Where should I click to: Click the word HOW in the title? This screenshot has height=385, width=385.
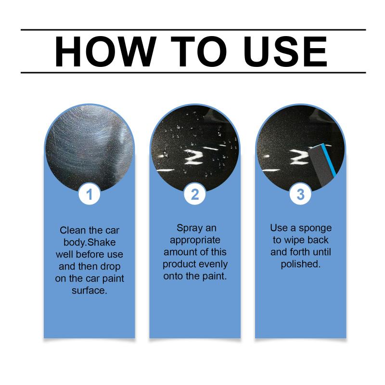tap(105, 51)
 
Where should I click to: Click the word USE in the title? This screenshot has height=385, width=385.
tap(285, 51)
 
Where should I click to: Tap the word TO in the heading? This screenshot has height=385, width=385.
tap(199, 51)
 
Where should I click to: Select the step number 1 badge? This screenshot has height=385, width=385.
tap(90, 194)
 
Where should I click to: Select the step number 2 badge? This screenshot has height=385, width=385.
tap(195, 194)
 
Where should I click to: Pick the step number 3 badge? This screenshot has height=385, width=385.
tap(300, 194)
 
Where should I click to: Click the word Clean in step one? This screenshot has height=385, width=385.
tap(73, 231)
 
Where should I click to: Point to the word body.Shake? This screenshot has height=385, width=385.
tap(90, 243)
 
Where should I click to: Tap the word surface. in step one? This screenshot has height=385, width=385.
tap(90, 291)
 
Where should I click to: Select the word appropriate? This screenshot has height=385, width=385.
tap(195, 240)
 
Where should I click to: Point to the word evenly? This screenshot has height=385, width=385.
tap(213, 264)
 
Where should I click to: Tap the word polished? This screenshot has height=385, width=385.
tap(300, 264)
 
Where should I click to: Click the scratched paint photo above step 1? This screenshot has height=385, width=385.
tap(90, 147)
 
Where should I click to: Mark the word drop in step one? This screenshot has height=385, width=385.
tap(112, 267)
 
